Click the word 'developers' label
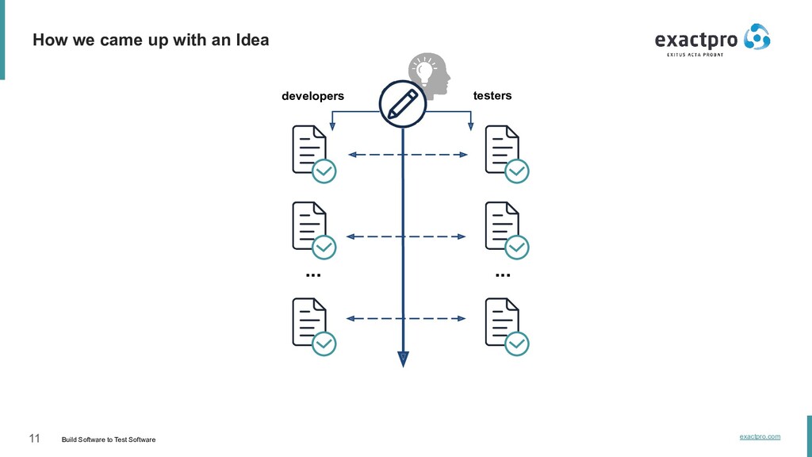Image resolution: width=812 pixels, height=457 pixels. [x=312, y=96]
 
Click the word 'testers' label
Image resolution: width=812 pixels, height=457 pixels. [x=492, y=95]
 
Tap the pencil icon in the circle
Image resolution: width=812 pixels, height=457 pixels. [x=403, y=103]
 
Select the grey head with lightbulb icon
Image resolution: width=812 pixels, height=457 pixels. [x=429, y=72]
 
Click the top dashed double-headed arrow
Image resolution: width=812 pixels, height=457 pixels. [x=408, y=155]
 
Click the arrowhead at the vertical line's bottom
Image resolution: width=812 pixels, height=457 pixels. [x=403, y=358]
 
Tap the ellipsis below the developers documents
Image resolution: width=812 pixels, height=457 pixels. [x=312, y=275]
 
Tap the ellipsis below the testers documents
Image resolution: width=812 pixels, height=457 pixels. [x=503, y=275]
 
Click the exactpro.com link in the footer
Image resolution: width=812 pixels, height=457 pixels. [x=760, y=436]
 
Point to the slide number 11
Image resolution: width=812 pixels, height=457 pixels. [x=34, y=439]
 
